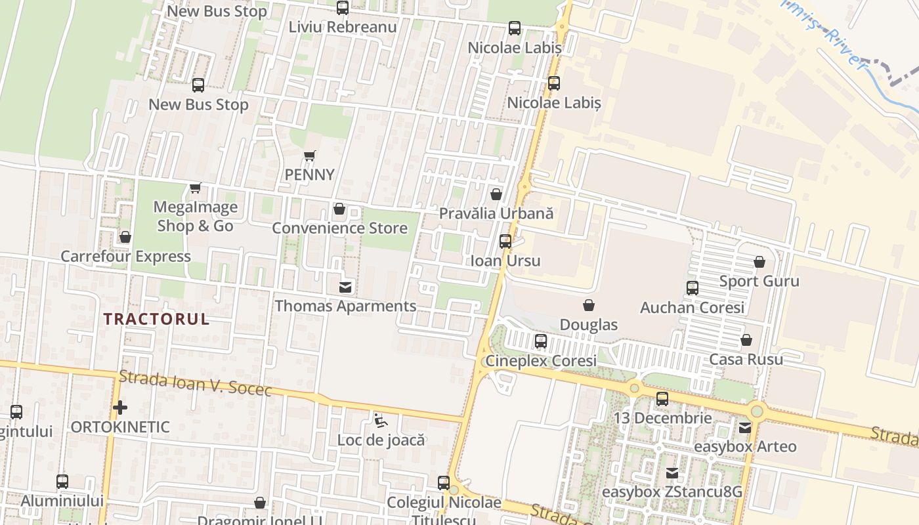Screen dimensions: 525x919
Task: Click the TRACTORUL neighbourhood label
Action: (157, 320)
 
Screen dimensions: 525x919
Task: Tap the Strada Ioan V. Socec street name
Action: (195, 384)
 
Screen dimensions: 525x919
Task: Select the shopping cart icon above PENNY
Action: (310, 156)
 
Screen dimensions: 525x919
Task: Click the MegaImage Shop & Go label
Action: (195, 217)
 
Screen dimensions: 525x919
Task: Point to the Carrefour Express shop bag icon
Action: (125, 237)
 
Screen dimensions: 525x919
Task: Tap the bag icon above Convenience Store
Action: (339, 209)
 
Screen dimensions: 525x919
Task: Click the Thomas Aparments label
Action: (345, 306)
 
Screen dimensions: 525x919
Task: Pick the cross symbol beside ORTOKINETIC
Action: (120, 408)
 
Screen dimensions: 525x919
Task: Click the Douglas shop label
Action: (589, 325)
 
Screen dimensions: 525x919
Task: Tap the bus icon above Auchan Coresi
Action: (693, 288)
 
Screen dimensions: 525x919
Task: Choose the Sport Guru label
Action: (759, 282)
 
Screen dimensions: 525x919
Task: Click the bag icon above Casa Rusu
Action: (746, 341)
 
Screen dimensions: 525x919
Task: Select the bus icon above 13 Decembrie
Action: (662, 399)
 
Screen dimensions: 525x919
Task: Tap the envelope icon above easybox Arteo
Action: (745, 428)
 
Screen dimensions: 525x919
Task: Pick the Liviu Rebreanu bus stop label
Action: (343, 27)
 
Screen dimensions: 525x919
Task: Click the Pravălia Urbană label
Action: (496, 214)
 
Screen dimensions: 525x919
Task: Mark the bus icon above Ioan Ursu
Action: (505, 241)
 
